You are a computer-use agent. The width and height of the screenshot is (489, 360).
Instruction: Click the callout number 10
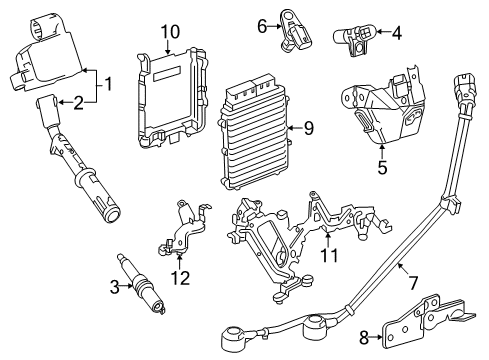point(170,32)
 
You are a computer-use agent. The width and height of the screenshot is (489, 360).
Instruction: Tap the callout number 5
point(382,167)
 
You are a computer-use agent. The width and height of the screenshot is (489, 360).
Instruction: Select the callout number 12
point(181,278)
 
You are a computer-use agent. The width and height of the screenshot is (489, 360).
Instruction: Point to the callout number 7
point(413,283)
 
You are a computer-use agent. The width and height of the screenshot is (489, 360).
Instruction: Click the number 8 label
point(364,337)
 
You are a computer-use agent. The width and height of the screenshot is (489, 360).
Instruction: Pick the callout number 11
point(329,256)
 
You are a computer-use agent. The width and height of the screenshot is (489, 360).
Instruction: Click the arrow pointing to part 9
point(293,128)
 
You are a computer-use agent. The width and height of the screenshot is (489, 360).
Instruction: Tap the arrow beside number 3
point(127,286)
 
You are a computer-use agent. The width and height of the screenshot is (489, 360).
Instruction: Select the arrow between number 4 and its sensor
point(383,32)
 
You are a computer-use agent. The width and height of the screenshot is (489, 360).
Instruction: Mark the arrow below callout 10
point(168,47)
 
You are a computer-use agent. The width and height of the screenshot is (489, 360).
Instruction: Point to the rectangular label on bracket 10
point(167,73)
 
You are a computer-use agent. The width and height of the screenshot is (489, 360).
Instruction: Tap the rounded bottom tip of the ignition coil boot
point(112,212)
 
